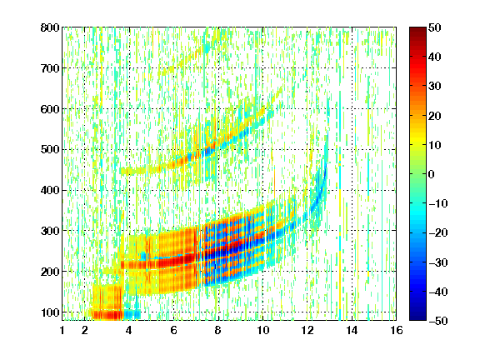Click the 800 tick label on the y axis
[x=50, y=27]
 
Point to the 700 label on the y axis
[x=50, y=68]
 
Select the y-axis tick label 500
[x=50, y=150]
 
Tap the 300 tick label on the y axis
[x=50, y=231]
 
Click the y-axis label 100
[x=50, y=312]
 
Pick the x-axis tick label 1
[x=62, y=330]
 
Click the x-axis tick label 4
[x=129, y=330]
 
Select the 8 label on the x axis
[x=218, y=330]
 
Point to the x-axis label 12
[x=307, y=330]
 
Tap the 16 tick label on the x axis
[x=396, y=330]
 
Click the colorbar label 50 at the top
[x=435, y=27]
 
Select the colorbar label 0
[x=432, y=174]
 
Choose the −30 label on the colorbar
[x=438, y=262]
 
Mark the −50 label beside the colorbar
[x=438, y=321]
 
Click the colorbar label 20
[x=435, y=116]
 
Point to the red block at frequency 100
[x=107, y=315]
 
